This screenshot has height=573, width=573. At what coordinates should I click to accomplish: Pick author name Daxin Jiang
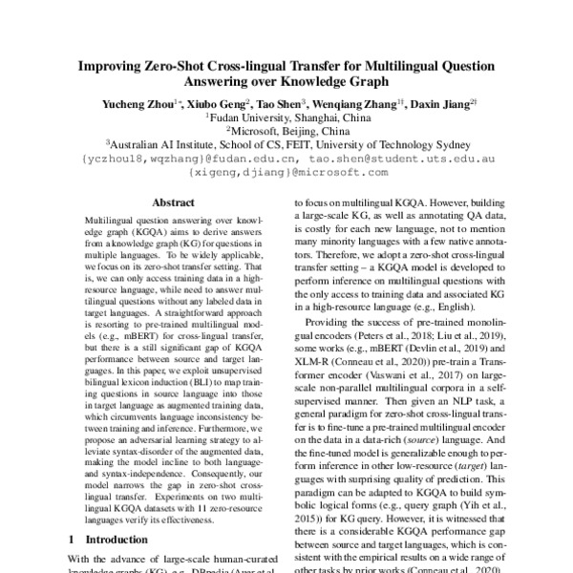coord(445,103)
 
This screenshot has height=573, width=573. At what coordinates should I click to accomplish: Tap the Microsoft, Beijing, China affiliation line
coord(286,133)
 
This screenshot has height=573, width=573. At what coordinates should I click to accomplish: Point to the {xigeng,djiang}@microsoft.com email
coord(287,174)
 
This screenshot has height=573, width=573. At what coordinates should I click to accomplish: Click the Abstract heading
coord(174,203)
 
